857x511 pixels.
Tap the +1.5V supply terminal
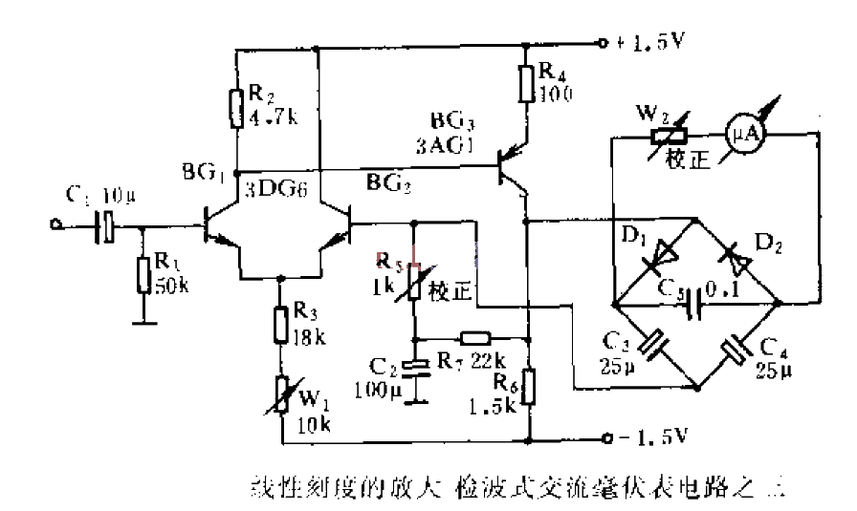tap(603, 43)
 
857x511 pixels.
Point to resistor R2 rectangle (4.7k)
tap(235, 108)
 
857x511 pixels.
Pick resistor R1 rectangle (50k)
tap(143, 274)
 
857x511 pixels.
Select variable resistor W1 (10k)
tap(282, 394)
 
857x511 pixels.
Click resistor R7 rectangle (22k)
tap(476, 337)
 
